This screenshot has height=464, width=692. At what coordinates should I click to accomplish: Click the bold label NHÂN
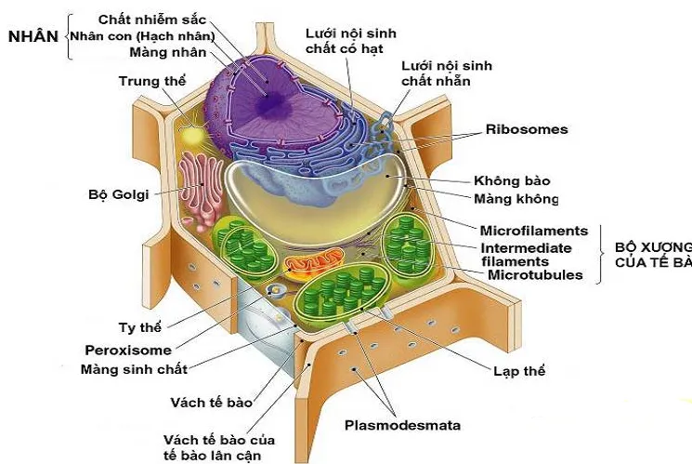point(33,36)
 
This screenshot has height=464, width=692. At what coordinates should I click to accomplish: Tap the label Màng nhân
point(168,52)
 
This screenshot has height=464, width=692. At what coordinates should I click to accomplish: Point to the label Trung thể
point(152,81)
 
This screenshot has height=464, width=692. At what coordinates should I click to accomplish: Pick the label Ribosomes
point(526,130)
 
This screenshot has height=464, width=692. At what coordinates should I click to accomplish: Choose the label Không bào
point(513,180)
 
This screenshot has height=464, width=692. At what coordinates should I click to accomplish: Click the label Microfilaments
point(534,231)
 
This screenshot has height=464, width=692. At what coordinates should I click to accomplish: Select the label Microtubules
point(535,274)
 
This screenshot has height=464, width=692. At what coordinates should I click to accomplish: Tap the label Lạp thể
point(519,371)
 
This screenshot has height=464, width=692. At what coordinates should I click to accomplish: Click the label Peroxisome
point(128,351)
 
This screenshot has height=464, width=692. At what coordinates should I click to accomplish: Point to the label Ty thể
point(141,328)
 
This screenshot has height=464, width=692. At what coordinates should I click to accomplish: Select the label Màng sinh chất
point(134,369)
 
